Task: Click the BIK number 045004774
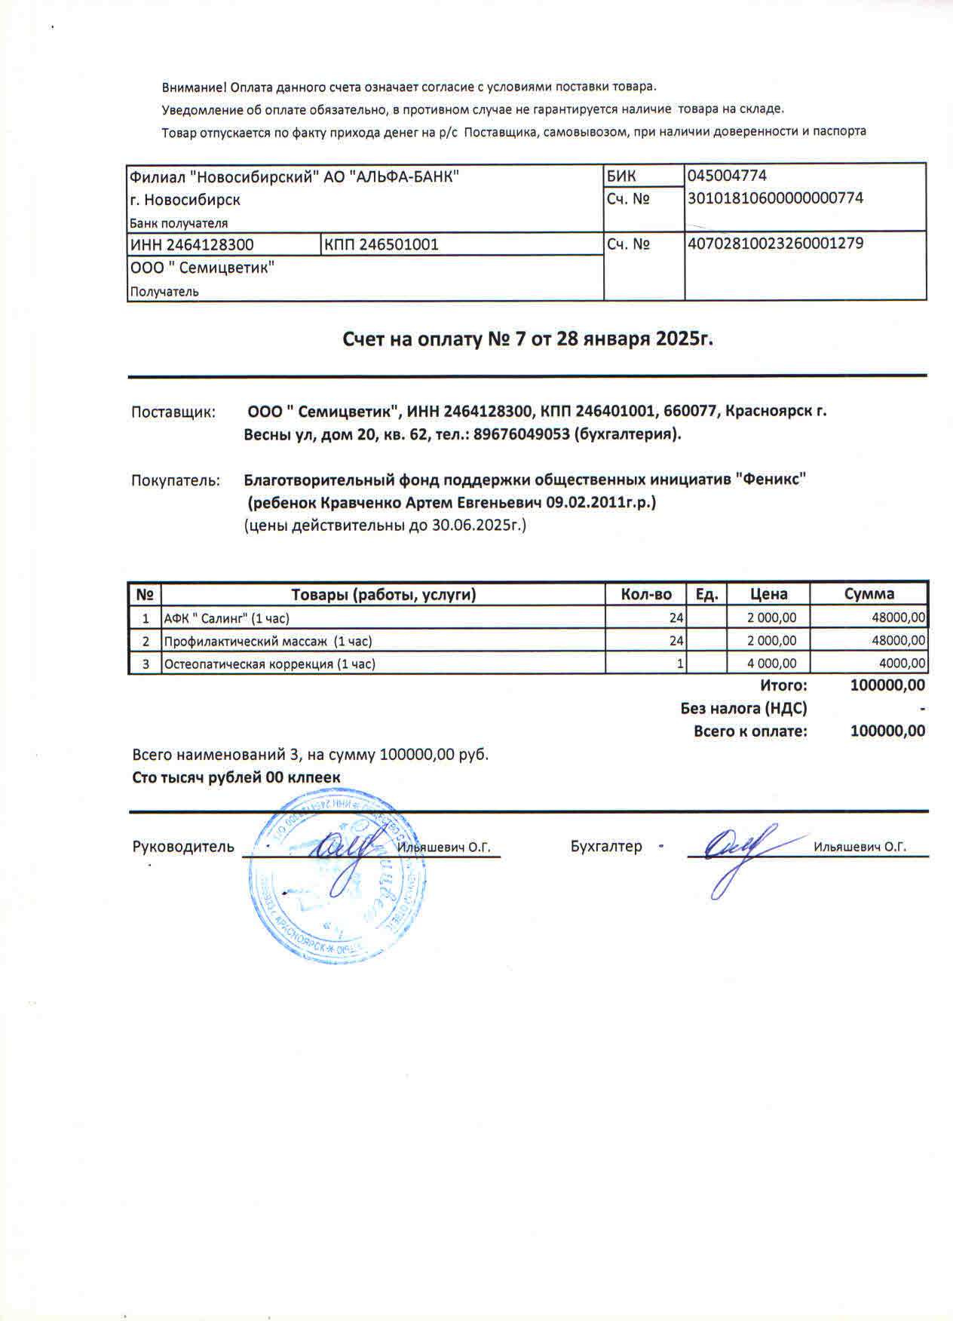tap(727, 176)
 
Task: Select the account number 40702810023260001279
tap(775, 244)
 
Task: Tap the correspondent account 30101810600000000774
tap(775, 198)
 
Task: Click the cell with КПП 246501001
tap(381, 244)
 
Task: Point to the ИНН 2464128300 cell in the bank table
tap(192, 244)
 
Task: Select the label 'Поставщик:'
tap(173, 412)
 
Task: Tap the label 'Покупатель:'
tap(176, 480)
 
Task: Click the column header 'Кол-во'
tap(646, 594)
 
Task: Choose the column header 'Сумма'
tap(869, 593)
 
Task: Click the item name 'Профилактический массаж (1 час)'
tap(268, 642)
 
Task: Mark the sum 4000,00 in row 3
tap(902, 664)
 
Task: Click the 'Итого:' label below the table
tap(783, 685)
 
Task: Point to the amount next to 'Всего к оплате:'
tap(887, 731)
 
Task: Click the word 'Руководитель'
tap(183, 847)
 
